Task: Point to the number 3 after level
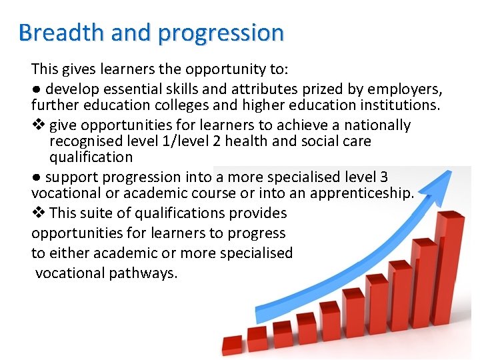383,177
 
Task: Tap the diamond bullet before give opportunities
37,125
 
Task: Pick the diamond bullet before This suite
37,213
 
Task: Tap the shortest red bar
232,345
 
